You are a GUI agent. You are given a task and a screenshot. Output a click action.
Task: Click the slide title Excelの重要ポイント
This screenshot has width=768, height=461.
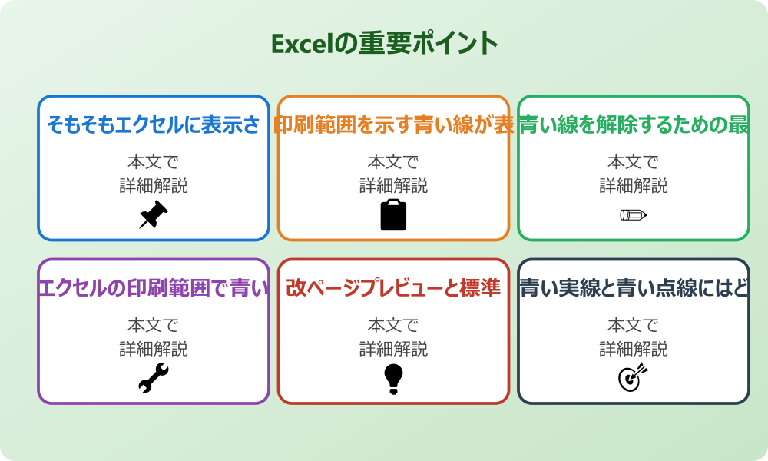tap(385, 43)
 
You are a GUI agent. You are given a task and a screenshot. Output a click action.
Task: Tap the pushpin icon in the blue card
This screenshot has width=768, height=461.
tap(154, 215)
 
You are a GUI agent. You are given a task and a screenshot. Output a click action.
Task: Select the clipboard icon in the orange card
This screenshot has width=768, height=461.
tap(393, 215)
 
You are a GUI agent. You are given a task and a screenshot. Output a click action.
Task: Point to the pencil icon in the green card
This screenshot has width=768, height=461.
tap(634, 214)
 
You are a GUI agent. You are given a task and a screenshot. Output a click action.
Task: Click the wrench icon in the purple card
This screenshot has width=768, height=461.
tap(154, 378)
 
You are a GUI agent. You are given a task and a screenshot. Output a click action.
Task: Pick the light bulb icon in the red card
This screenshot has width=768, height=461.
tap(393, 378)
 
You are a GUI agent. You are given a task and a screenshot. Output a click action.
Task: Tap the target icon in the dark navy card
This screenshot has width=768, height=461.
tap(634, 378)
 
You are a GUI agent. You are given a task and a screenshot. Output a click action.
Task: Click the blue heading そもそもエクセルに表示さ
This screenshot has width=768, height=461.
tap(154, 124)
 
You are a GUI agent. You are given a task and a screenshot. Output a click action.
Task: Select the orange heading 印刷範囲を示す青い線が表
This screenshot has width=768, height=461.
tap(393, 124)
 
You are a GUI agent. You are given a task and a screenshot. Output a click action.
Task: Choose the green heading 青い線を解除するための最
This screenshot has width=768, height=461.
tap(634, 124)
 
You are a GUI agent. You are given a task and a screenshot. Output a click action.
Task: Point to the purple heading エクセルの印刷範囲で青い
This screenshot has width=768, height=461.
tap(154, 288)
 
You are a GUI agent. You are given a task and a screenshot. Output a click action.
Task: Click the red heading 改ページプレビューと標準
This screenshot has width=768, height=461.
tap(393, 288)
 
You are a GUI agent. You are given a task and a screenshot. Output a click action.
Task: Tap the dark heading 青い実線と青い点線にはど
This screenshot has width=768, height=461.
tap(634, 288)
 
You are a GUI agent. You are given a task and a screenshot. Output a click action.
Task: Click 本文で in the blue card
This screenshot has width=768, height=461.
tap(154, 162)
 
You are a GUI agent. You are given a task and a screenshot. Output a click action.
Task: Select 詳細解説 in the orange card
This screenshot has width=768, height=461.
tap(393, 186)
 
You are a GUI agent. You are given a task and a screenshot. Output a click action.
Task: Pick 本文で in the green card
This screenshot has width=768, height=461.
tap(634, 162)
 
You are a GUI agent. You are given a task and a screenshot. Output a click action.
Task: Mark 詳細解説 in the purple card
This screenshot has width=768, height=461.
tap(154, 350)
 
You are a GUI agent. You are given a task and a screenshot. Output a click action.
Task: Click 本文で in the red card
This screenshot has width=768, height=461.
tap(393, 326)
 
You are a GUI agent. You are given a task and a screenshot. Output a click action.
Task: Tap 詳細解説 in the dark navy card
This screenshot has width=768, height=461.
tap(634, 350)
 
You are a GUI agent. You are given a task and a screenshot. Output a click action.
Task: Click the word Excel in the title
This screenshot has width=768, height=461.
tap(303, 44)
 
